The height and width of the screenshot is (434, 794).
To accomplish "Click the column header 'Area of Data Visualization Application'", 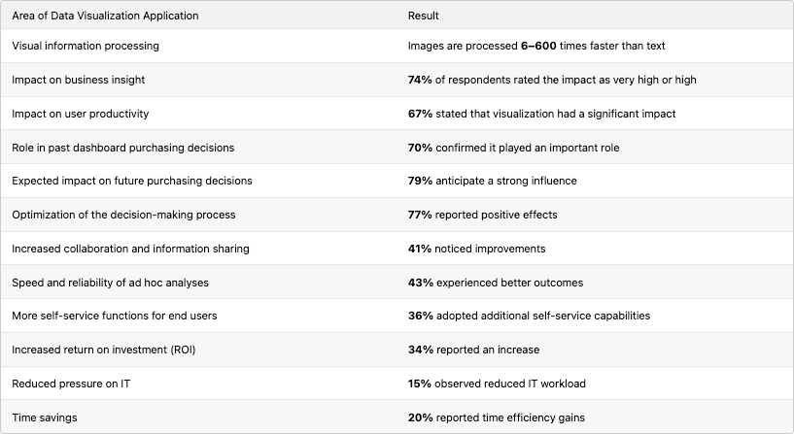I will (x=105, y=17).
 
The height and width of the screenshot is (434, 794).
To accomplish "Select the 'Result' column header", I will (x=424, y=17).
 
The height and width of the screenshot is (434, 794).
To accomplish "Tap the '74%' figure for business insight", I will (x=420, y=80).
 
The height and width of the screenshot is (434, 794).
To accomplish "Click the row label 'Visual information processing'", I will (x=86, y=46).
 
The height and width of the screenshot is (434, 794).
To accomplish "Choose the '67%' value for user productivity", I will (x=420, y=114).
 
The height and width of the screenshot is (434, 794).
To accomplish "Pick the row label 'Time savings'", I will (x=45, y=417).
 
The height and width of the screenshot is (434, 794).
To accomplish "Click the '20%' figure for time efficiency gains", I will (x=420, y=417).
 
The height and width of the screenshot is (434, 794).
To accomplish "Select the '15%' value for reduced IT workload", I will (x=419, y=384).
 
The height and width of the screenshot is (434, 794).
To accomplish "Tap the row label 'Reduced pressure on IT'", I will (x=72, y=384).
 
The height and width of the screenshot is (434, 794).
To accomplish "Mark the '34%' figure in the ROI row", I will (x=420, y=350).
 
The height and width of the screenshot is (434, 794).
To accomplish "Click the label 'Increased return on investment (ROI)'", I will (x=109, y=350).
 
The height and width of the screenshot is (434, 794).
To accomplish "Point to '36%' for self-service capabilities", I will (x=420, y=316).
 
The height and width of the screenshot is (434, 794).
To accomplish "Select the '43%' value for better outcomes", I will (x=420, y=283).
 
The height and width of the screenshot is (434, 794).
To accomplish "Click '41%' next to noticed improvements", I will (x=419, y=249).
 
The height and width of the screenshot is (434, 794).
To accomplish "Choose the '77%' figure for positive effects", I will (x=420, y=215).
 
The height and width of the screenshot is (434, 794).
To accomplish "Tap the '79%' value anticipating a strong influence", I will (x=420, y=181).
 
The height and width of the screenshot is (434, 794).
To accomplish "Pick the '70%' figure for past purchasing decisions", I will (x=420, y=148).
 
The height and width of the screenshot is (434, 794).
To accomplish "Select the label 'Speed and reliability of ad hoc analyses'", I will (x=110, y=283).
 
